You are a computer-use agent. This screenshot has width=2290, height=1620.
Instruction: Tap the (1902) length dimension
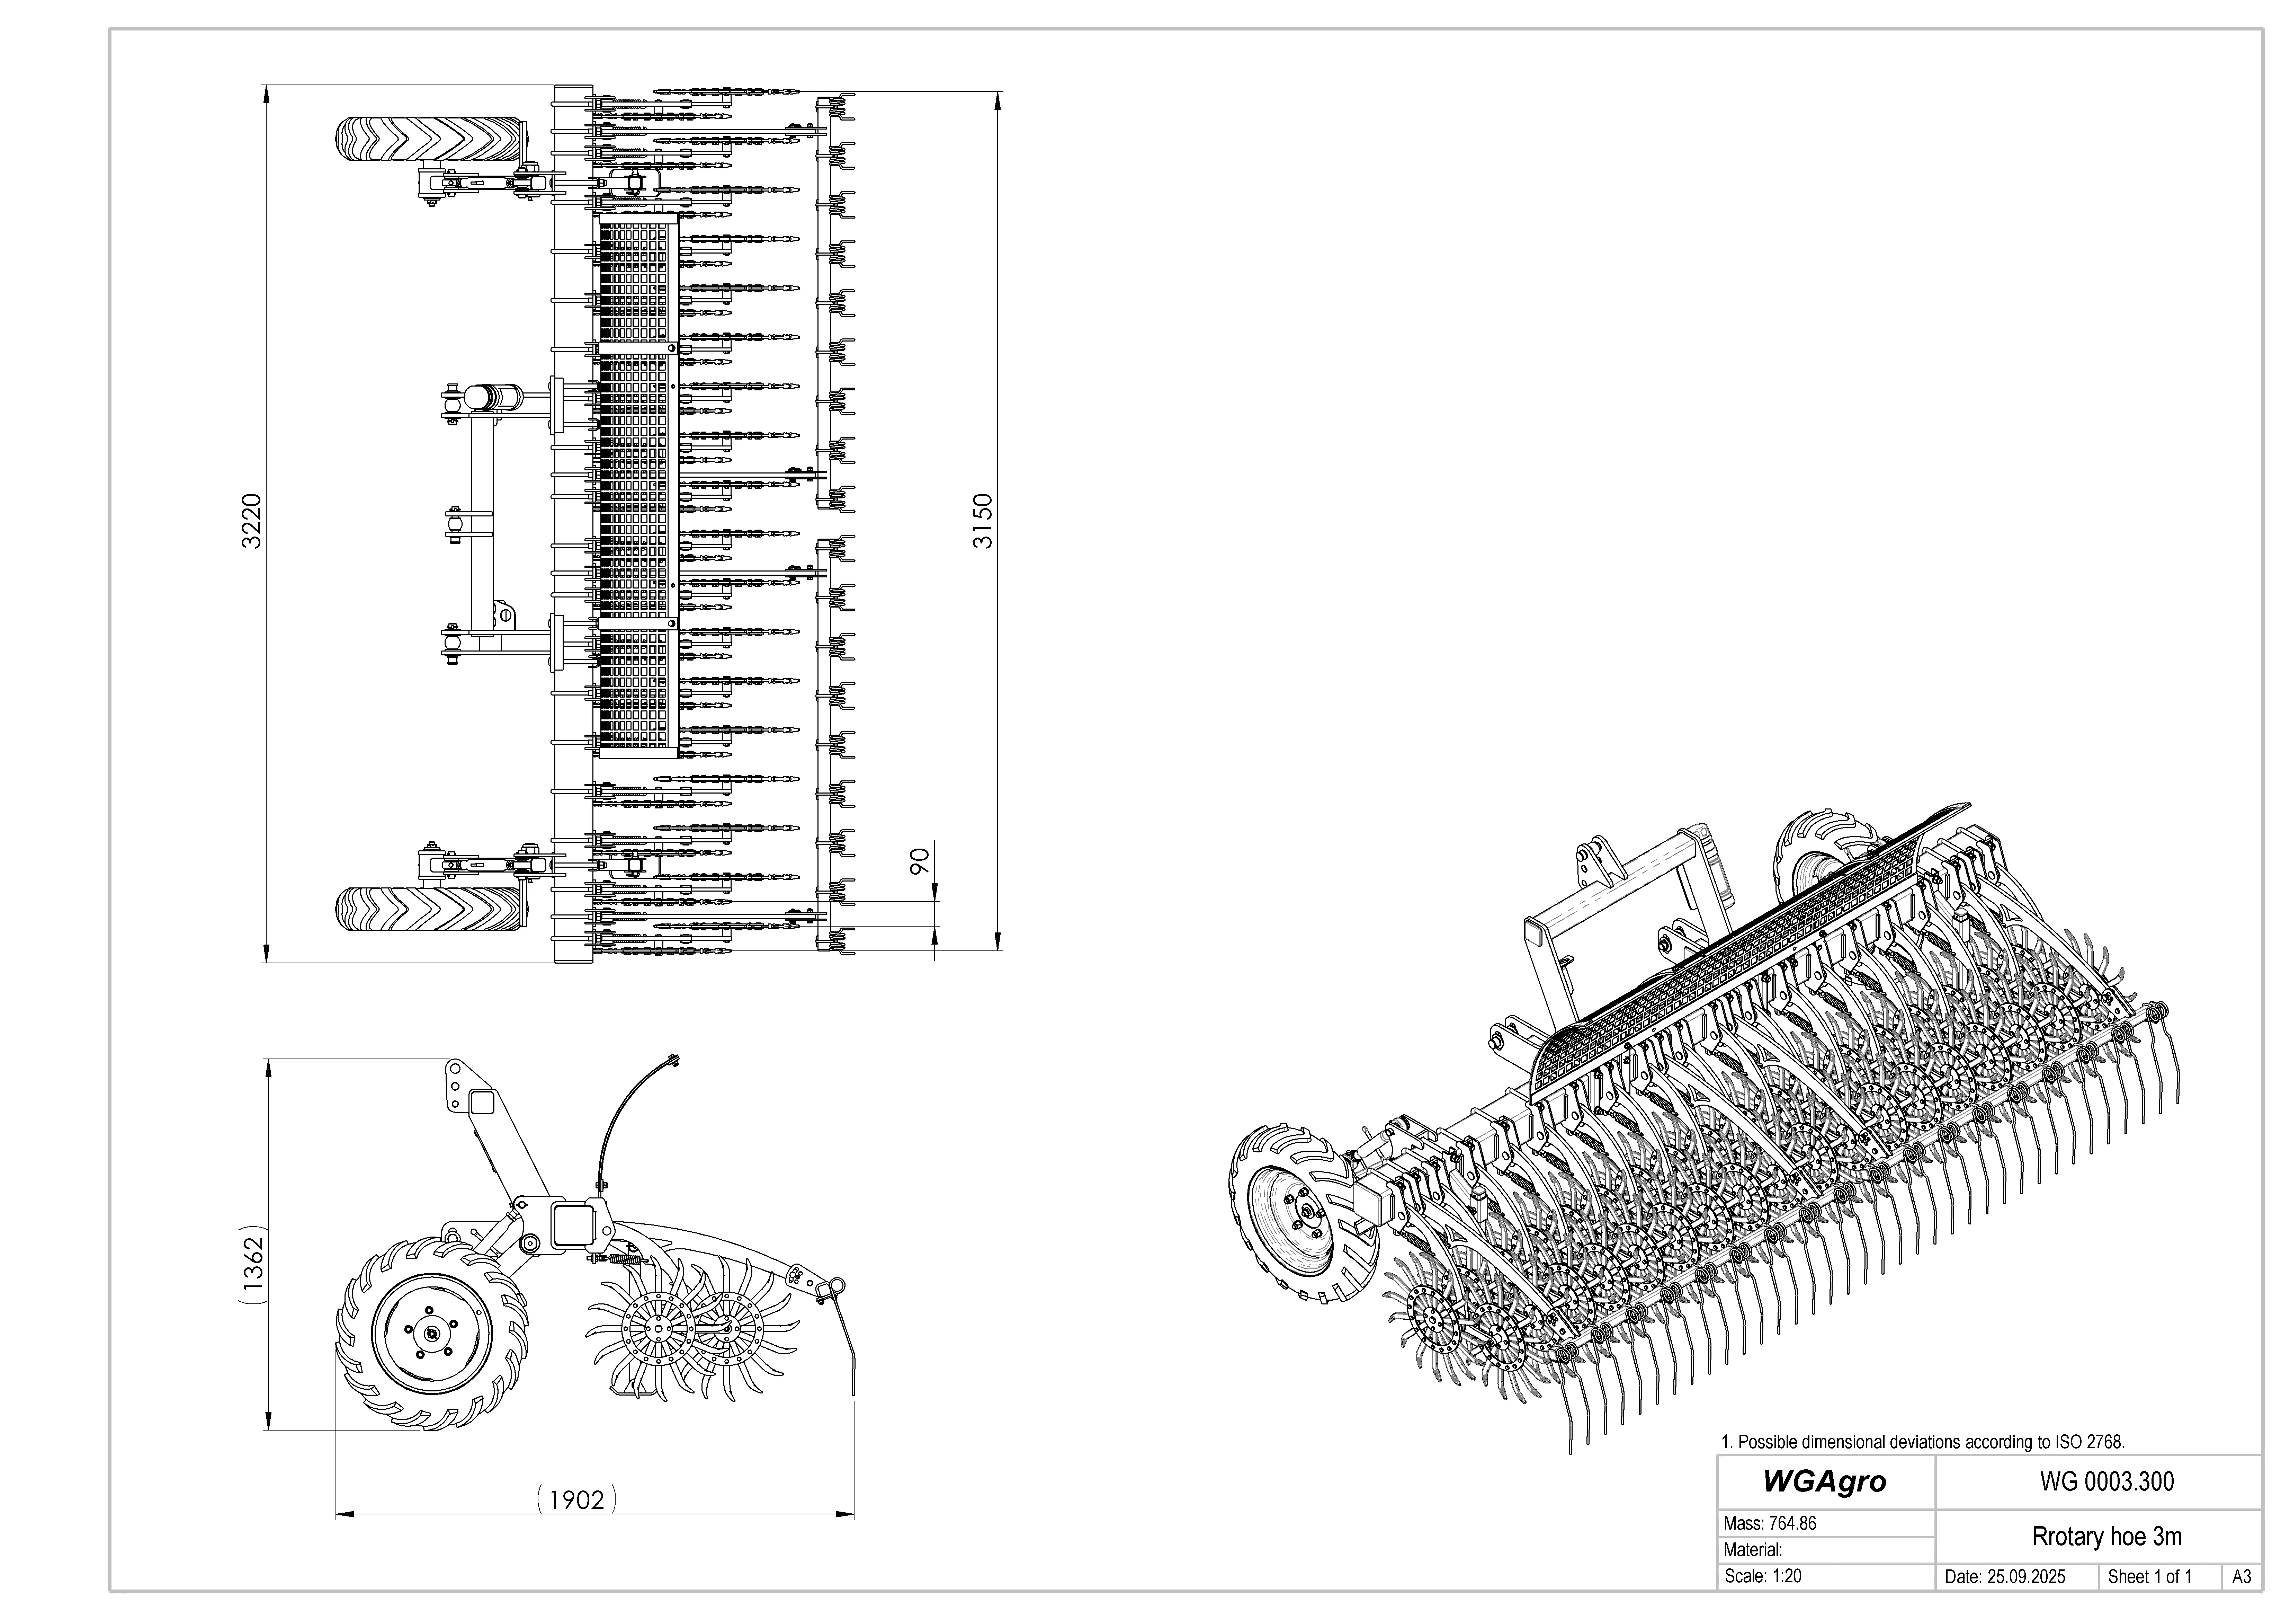(576, 1499)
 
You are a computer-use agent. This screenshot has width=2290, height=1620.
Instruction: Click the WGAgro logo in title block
(1824, 1481)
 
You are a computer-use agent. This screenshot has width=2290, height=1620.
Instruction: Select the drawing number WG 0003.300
(2106, 1481)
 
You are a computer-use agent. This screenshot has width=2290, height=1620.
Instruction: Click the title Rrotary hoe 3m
(2106, 1536)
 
